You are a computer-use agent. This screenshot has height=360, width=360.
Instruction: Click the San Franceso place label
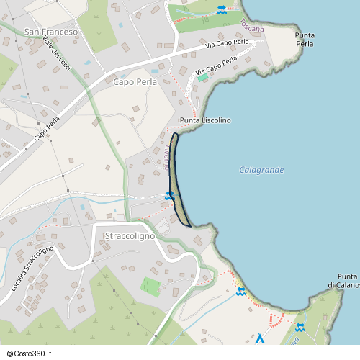click(x=50, y=32)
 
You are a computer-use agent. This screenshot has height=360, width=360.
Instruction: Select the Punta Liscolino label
click(x=205, y=120)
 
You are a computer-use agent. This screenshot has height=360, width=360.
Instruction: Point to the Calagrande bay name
click(x=261, y=170)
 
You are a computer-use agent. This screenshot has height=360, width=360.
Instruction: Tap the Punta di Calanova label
click(x=347, y=281)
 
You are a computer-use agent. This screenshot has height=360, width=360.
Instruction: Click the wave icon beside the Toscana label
click(x=222, y=10)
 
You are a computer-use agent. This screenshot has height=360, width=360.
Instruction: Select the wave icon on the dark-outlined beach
click(x=170, y=196)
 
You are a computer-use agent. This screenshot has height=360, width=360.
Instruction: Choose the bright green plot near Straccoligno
click(x=150, y=286)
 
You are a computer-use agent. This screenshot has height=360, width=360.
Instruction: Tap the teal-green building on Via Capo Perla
click(x=202, y=77)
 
